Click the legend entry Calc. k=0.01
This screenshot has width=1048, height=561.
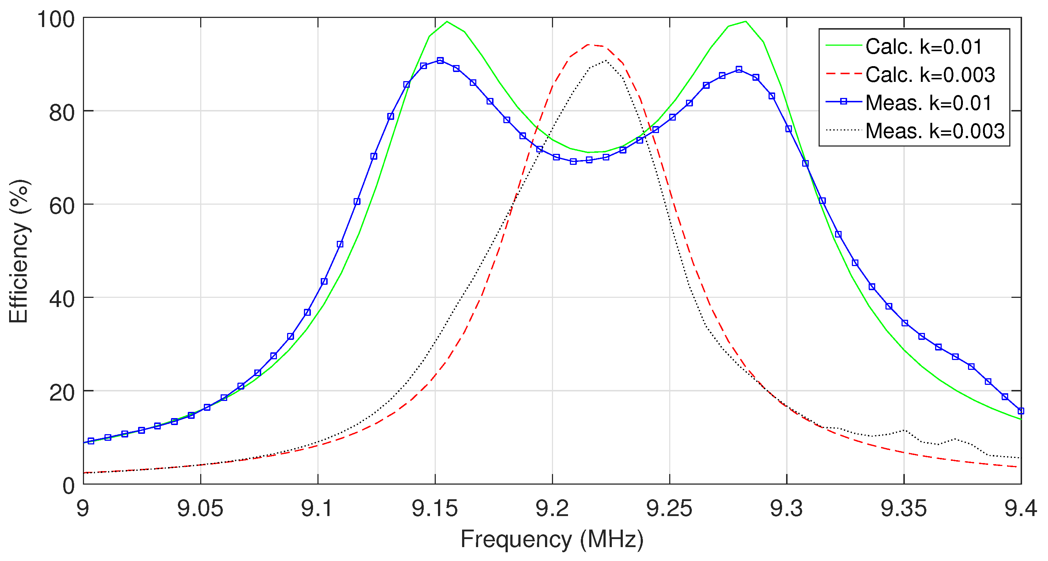[923, 47]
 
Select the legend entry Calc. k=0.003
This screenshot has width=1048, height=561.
[930, 75]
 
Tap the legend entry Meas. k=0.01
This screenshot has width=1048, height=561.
[929, 103]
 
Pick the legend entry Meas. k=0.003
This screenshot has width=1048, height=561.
[935, 131]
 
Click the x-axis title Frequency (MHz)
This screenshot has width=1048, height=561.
[552, 539]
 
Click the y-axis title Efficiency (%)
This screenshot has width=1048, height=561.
[19, 251]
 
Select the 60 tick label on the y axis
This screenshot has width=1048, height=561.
[62, 206]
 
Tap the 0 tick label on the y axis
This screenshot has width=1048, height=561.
[69, 486]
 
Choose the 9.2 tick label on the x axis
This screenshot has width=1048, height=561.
[552, 508]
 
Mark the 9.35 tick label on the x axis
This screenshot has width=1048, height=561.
[904, 508]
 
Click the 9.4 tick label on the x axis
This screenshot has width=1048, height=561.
[1020, 508]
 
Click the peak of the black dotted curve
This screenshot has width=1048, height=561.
[606, 61]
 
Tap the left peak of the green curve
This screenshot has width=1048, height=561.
[447, 21]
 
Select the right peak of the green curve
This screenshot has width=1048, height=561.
[745, 21]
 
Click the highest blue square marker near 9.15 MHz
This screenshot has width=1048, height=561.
[440, 61]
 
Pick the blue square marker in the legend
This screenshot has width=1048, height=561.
[843, 102]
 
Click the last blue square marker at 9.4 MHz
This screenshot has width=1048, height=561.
[1021, 411]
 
